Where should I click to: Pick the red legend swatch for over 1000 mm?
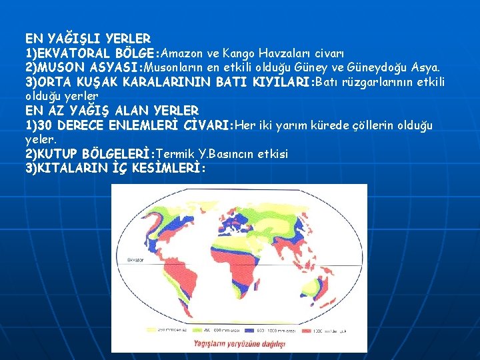point(308,328)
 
